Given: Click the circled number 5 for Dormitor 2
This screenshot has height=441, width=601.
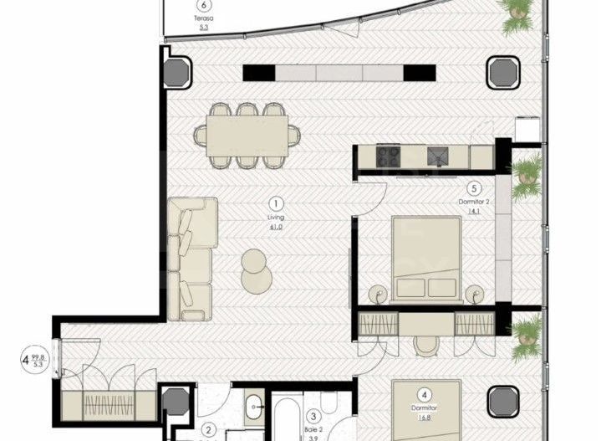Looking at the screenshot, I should (x=473, y=189).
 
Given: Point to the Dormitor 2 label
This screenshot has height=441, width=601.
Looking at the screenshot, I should (x=473, y=203).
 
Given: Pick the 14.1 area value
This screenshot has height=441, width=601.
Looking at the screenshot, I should (x=473, y=212).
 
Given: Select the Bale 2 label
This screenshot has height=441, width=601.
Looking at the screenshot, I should (x=311, y=428).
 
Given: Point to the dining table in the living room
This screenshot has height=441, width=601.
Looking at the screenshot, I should (x=247, y=133).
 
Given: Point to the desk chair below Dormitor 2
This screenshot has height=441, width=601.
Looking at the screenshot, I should (x=426, y=343).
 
